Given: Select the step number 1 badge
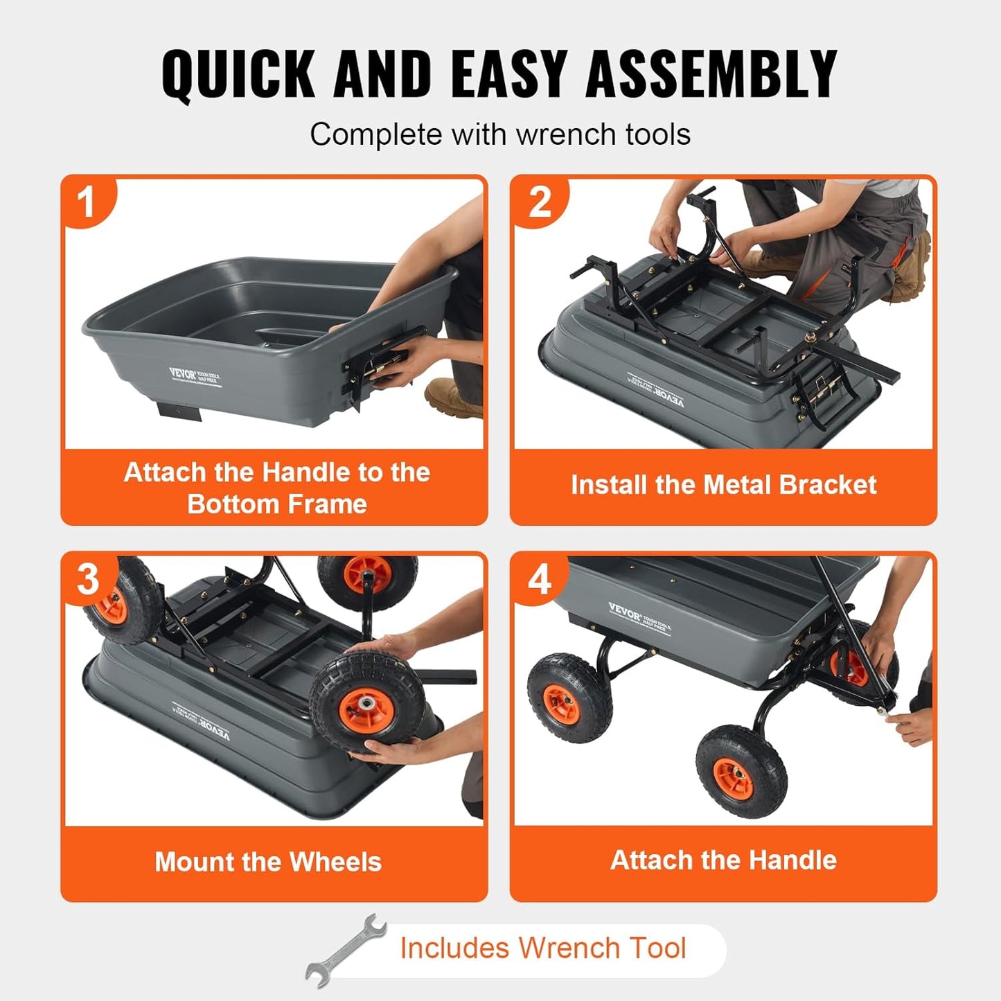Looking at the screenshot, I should point(87,202).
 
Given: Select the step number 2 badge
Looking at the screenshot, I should point(540,202).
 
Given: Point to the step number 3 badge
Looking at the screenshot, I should point(88,579).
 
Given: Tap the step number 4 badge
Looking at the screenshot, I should point(540,579).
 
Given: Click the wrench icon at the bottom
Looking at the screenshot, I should point(346,950).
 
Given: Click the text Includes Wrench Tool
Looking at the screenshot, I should point(542,948).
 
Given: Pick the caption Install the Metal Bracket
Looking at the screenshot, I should point(723,485).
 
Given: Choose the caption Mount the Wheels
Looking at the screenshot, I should point(268,862).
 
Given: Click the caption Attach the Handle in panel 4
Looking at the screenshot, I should point(723,860).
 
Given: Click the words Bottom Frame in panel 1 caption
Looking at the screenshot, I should point(276,504).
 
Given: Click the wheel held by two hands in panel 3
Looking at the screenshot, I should point(367,703).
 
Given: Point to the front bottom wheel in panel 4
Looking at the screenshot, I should point(741,772).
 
